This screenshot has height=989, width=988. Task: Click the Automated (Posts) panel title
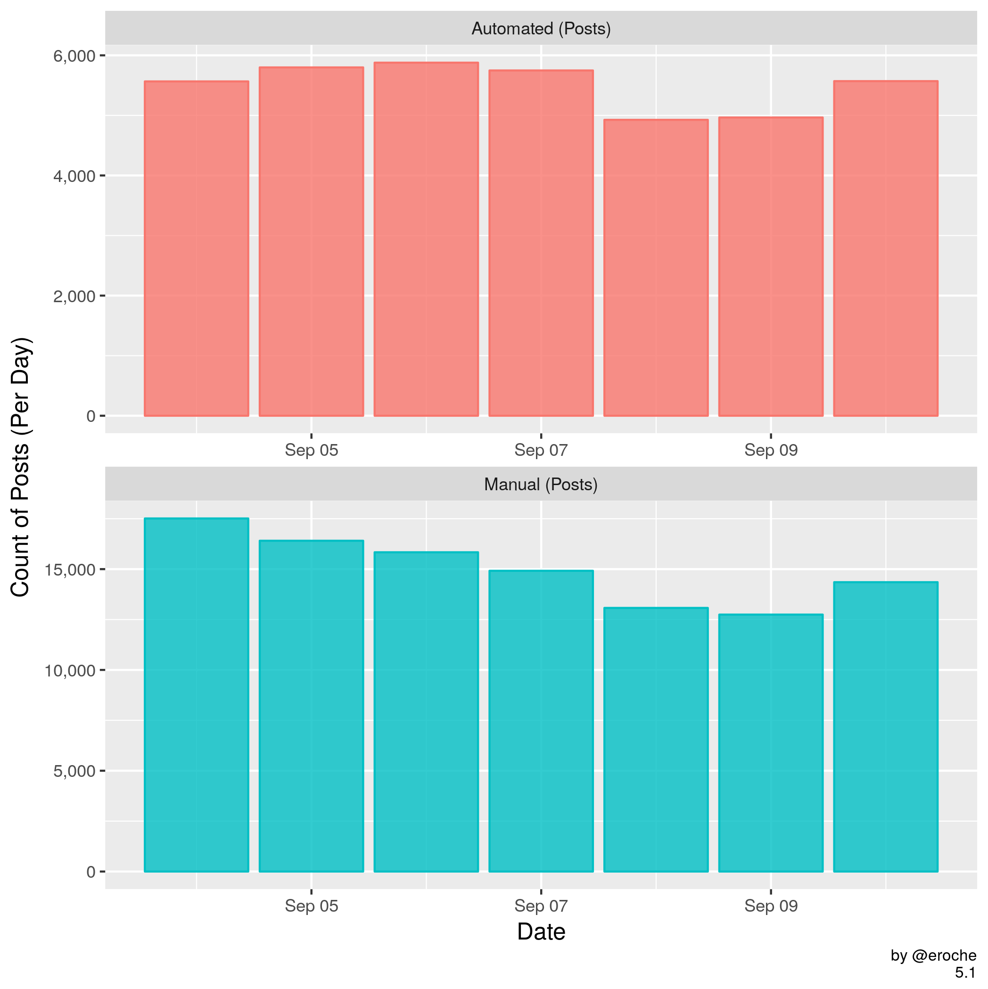[x=541, y=29]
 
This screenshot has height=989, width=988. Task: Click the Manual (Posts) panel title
[x=541, y=484]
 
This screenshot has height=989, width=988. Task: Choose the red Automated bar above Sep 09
[x=770, y=267]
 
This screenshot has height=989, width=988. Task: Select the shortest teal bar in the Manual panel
[x=770, y=743]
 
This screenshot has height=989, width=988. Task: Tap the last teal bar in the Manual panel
[x=885, y=726]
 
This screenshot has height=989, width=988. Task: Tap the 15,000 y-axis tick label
[x=70, y=570]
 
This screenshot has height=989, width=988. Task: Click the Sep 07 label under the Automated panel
[x=541, y=450]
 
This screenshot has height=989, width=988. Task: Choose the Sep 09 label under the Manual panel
[x=770, y=906]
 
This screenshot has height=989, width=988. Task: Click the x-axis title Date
[x=541, y=931]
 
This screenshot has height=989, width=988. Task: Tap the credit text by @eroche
[x=933, y=955]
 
